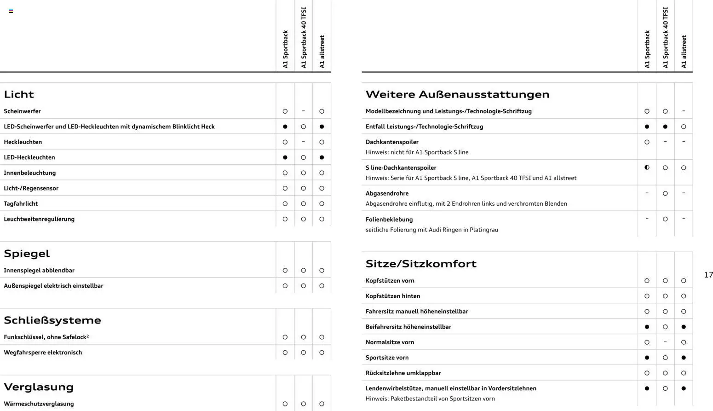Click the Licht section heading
[19, 94]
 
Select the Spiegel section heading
[27, 254]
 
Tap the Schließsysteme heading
[52, 320]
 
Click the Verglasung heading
[39, 387]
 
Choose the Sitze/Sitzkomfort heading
[421, 264]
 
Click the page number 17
[708, 275]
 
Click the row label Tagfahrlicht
[21, 203]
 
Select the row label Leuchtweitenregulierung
[39, 219]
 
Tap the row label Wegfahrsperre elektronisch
[43, 353]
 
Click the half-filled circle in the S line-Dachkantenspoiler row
[647, 168]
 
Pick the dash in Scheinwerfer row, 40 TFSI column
[303, 111]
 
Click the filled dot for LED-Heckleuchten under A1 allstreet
[322, 157]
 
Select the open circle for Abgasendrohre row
[665, 193]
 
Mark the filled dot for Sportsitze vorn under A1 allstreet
[684, 358]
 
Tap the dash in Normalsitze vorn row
[665, 342]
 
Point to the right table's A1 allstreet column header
[684, 52]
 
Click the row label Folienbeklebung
[389, 220]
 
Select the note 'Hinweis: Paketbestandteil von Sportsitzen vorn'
[430, 399]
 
